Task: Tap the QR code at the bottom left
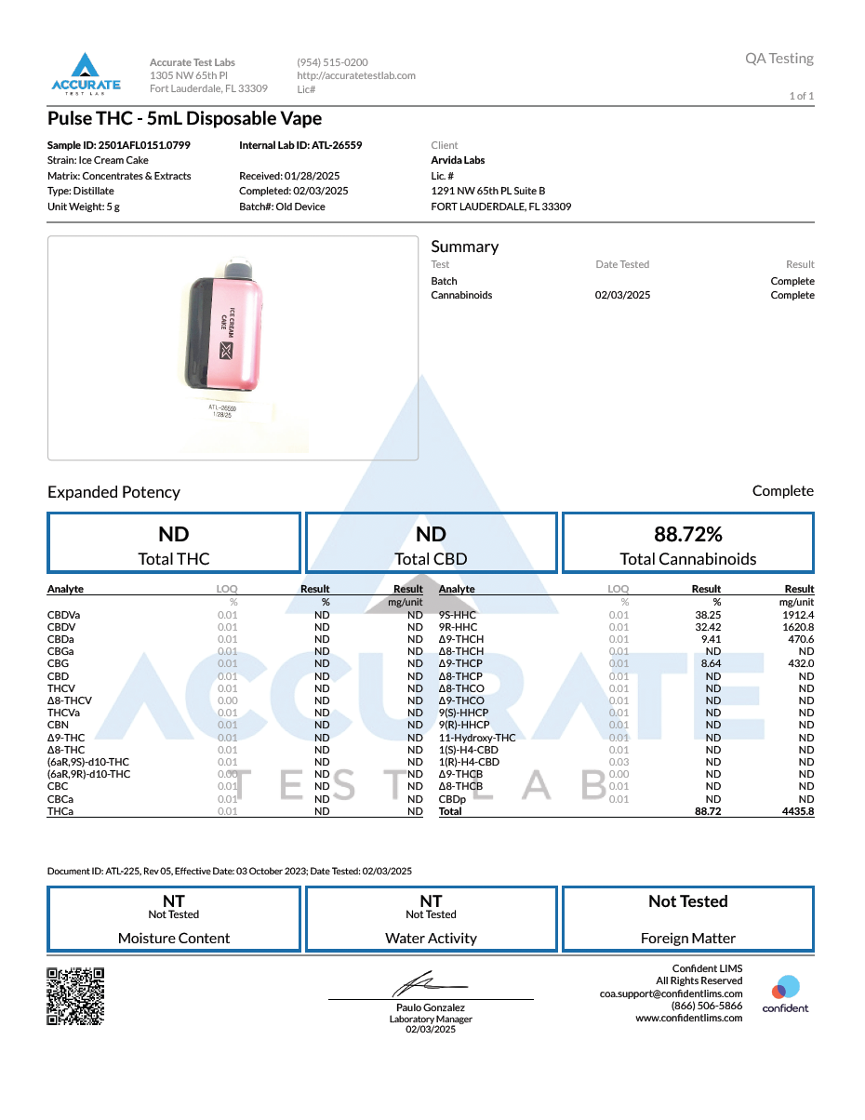[75, 995]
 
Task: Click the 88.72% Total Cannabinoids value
[688, 534]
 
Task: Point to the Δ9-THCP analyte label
[460, 664]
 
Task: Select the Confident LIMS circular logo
[786, 988]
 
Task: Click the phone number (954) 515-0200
[332, 62]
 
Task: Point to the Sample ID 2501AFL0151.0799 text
[119, 145]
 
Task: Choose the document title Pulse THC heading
[185, 118]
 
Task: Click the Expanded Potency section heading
[113, 492]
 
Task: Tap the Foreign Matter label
[688, 938]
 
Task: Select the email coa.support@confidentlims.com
[671, 993]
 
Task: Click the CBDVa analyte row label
[63, 615]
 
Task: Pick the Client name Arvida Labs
[458, 160]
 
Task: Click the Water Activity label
[431, 938]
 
